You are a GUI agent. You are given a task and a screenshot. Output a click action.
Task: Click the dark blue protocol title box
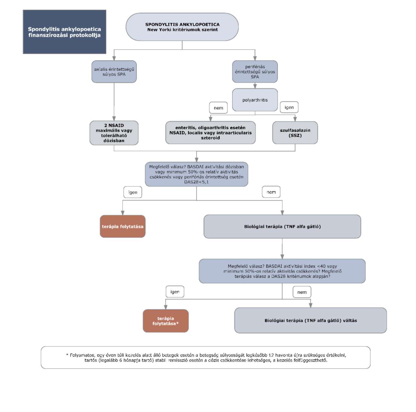click(64, 32)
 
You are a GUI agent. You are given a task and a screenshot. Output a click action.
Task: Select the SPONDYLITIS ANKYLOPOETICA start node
click(182, 27)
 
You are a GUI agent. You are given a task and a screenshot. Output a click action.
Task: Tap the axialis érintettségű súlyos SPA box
click(114, 71)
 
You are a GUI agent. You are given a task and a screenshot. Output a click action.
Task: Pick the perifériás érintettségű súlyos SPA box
click(255, 71)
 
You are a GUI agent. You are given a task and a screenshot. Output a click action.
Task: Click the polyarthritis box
click(255, 100)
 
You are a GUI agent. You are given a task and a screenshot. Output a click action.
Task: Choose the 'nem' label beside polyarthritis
click(218, 108)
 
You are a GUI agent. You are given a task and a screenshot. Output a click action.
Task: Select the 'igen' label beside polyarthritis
click(289, 107)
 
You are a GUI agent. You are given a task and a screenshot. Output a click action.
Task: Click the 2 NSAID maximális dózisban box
click(114, 133)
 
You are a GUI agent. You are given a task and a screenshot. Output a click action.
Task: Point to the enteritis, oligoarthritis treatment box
click(210, 133)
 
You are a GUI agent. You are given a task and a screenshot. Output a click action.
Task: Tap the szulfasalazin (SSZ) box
click(295, 133)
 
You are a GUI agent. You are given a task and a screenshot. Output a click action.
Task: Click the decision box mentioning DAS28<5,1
click(197, 174)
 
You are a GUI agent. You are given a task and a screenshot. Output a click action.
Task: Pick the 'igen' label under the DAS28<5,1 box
click(132, 192)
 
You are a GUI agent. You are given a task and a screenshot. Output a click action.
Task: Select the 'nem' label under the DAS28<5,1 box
click(271, 192)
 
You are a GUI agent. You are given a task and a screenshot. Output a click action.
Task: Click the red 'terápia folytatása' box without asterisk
click(123, 226)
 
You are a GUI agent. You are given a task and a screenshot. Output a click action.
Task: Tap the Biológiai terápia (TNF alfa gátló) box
click(282, 227)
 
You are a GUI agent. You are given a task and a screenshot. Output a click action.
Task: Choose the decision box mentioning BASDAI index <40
click(282, 271)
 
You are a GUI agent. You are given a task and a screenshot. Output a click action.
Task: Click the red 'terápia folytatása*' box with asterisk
click(166, 321)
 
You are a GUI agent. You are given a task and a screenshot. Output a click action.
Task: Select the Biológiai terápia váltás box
click(310, 320)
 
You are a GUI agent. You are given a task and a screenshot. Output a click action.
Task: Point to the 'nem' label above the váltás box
click(302, 292)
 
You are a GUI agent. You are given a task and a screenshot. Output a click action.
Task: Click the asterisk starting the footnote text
click(67, 355)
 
